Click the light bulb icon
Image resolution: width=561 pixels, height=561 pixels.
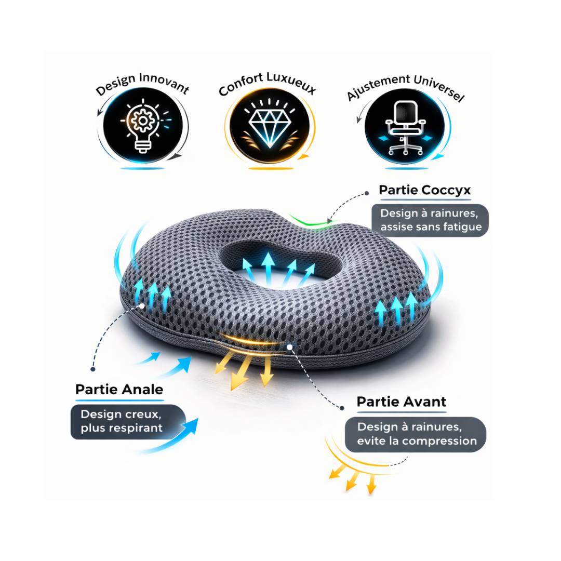[x=143, y=126]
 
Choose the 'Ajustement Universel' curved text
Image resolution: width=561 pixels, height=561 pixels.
[x=406, y=87]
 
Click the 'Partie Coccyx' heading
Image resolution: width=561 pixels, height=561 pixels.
[x=425, y=190]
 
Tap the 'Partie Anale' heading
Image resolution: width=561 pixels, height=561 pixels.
[x=119, y=389]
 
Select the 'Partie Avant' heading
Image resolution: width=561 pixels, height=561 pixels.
[x=402, y=402]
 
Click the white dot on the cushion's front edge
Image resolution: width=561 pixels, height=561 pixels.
[x=290, y=346]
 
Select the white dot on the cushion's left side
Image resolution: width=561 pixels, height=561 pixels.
[x=142, y=306]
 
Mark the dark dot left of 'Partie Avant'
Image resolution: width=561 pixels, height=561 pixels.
[x=342, y=408]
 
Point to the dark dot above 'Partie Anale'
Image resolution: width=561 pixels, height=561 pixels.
[x=93, y=369]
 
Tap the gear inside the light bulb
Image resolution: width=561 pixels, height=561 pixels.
[x=143, y=121]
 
